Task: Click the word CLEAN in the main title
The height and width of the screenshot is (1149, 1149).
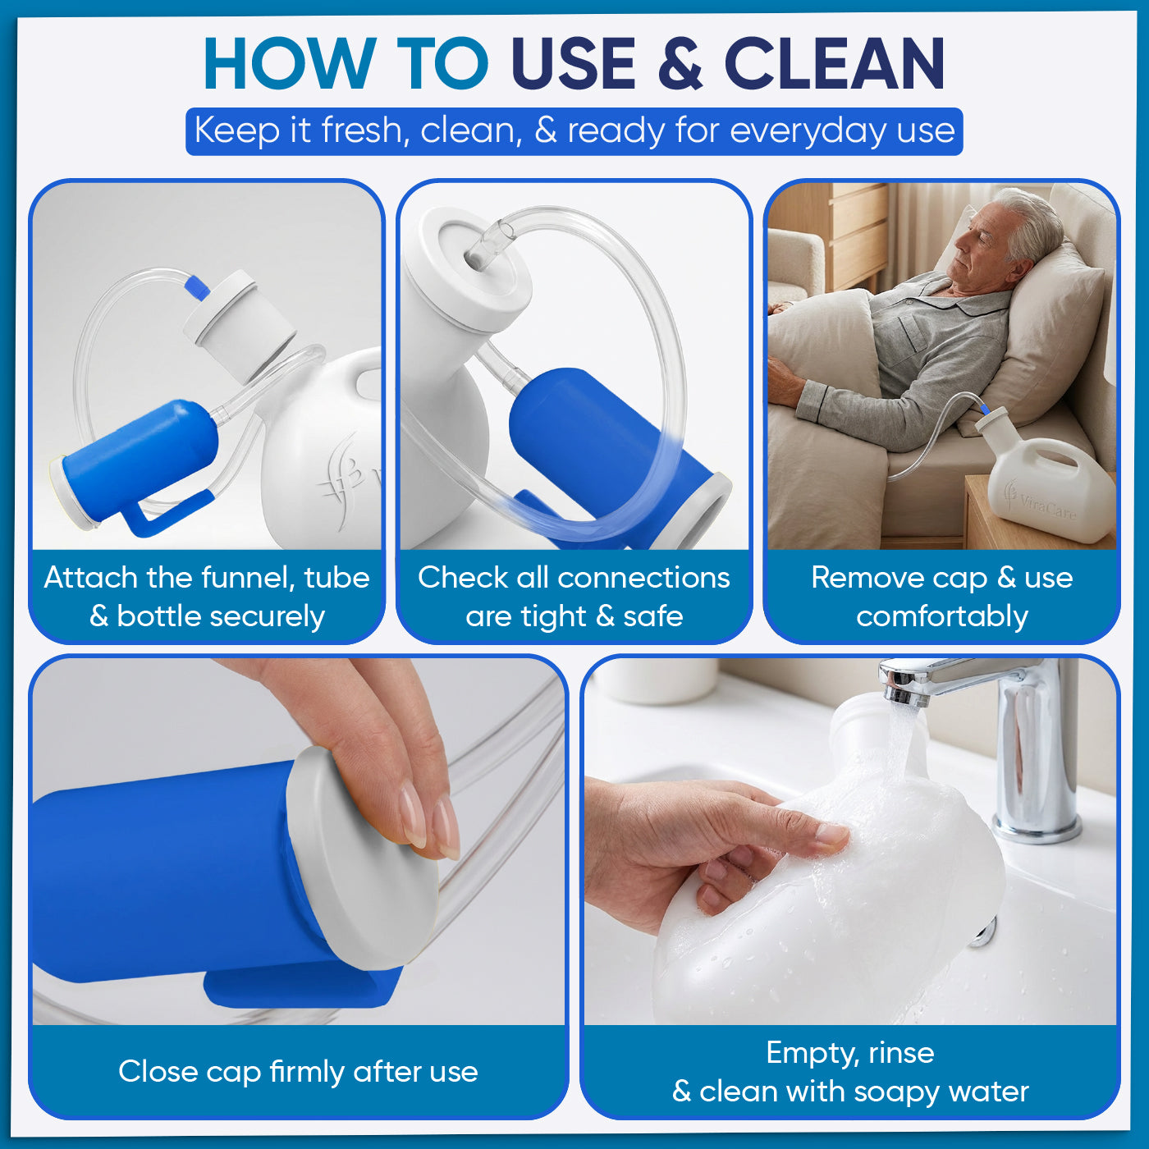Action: (834, 63)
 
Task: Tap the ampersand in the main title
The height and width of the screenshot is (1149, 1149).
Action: (680, 63)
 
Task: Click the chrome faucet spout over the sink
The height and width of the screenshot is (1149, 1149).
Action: (954, 680)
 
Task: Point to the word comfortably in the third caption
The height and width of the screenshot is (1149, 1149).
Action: (942, 617)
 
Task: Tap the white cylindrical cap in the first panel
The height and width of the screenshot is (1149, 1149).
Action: (240, 323)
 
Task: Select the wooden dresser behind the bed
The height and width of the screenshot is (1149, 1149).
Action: (858, 239)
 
